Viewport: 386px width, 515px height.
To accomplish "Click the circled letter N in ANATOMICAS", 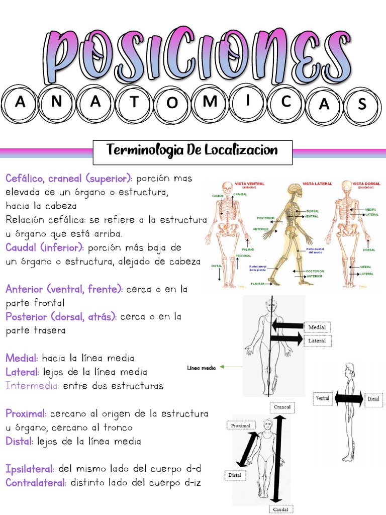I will click(x=59, y=103).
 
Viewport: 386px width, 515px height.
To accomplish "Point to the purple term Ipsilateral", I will click(x=30, y=469).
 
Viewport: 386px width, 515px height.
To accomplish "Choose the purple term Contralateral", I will click(x=36, y=483).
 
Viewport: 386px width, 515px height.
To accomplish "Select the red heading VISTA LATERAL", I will click(x=317, y=184).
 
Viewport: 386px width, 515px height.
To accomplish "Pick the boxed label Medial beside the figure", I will click(x=317, y=327).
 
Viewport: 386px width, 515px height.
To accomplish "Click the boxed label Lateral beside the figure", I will click(x=317, y=341).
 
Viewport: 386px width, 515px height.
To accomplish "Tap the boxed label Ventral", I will click(x=322, y=398).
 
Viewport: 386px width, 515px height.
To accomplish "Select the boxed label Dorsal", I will click(x=373, y=399).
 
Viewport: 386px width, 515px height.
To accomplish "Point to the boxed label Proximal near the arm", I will click(x=240, y=426).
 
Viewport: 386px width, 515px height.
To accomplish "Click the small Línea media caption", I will click(x=201, y=368).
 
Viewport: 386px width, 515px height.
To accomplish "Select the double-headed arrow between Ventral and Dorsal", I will click(x=347, y=398).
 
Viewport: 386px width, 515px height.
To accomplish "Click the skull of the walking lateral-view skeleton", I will click(x=294, y=191).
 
